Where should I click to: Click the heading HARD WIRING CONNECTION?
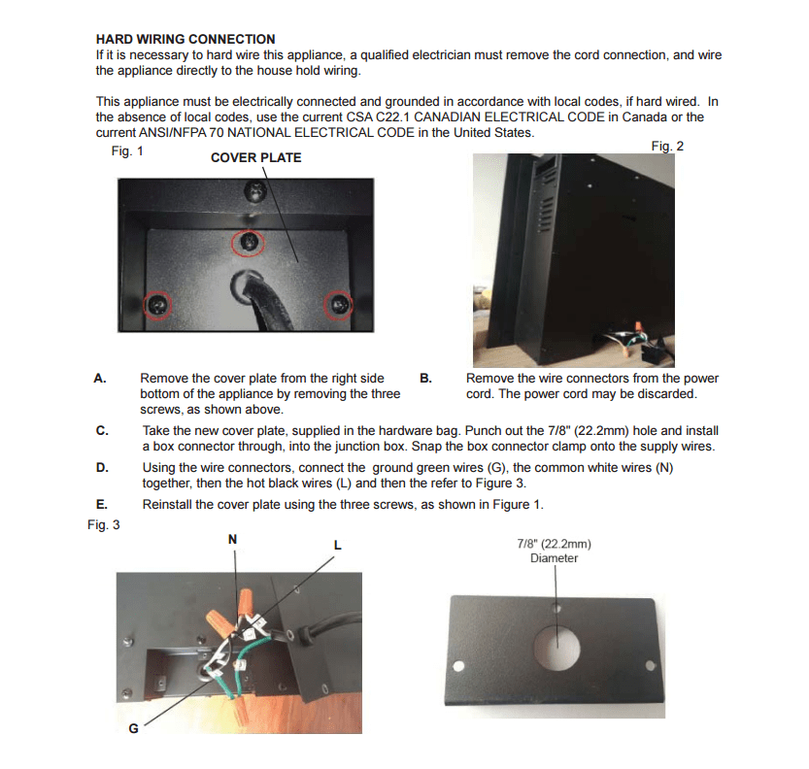point(185,39)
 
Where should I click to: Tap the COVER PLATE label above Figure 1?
point(255,157)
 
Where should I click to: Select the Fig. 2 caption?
point(667,146)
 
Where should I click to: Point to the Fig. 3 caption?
point(103,524)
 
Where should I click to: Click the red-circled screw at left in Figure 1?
point(158,306)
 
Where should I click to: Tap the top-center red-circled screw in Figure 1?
point(250,242)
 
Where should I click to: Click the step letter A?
point(99,379)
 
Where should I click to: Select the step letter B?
point(425,379)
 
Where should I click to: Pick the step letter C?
point(101,430)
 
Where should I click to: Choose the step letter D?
point(101,468)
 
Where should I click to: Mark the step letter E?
point(101,505)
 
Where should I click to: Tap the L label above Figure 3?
point(337,546)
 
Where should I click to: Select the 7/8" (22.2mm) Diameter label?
point(554,552)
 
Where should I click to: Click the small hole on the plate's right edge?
point(650,665)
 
